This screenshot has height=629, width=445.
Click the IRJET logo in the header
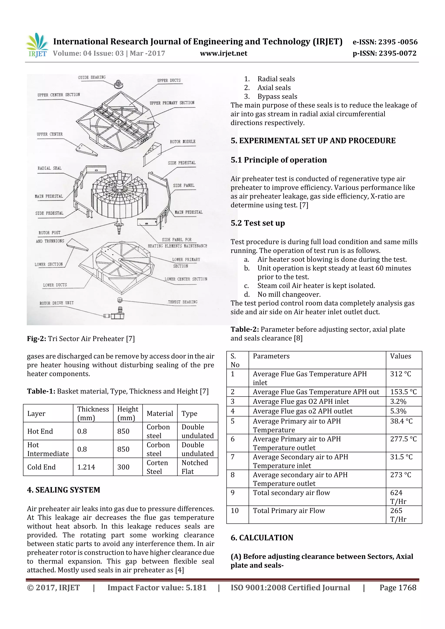(37, 45)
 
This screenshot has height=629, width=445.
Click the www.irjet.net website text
(223, 53)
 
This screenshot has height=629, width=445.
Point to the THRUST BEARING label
(182, 302)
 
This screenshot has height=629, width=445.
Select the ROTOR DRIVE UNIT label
(56, 303)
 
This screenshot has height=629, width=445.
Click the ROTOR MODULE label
(183, 142)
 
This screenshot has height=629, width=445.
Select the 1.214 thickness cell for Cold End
(86, 467)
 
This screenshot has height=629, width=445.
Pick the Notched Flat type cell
(195, 467)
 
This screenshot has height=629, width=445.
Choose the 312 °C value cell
(401, 374)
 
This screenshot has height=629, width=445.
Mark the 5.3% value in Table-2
(398, 411)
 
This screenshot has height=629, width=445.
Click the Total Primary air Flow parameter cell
(289, 511)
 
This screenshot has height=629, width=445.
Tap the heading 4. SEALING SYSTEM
(64, 490)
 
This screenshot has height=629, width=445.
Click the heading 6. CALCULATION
(262, 538)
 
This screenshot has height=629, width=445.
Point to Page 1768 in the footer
(398, 588)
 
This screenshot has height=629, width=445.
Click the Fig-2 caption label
(37, 339)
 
